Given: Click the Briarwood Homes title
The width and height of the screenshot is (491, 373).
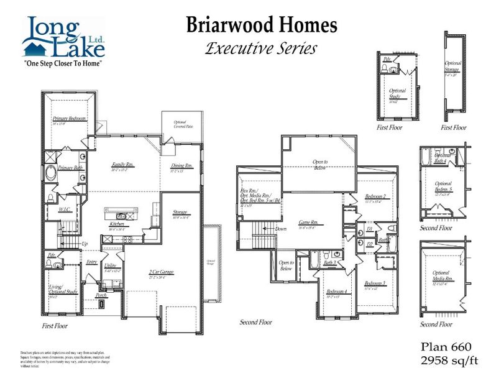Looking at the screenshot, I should (x=262, y=25).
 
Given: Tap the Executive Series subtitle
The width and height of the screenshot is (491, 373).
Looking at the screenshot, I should (x=261, y=47).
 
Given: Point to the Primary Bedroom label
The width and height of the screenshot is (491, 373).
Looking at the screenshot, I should (x=69, y=118).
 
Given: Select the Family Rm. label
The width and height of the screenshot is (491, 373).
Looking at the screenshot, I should (x=123, y=164).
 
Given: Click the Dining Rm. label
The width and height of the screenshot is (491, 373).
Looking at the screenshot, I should (x=182, y=166).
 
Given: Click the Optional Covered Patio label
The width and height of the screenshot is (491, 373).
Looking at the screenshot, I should (x=178, y=125).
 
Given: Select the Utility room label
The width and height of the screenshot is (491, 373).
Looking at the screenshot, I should (x=111, y=265).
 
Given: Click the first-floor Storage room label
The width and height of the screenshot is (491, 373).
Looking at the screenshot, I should (x=180, y=212).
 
